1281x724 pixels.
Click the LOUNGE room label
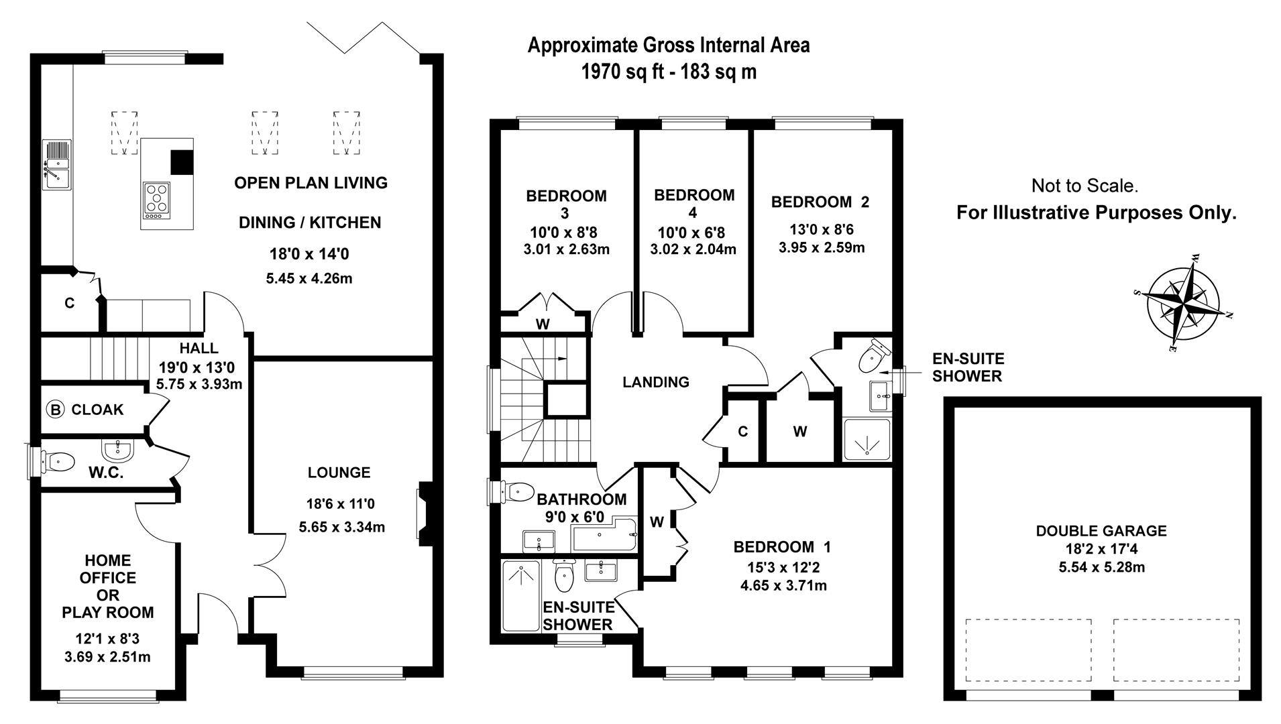coord(339,473)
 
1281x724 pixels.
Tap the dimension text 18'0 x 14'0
coord(309,254)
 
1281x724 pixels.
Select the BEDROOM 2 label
coord(820,202)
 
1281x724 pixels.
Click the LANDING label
coord(655,382)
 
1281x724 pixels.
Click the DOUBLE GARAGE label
coord(1101,531)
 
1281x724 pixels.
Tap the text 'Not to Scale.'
coord(1084,186)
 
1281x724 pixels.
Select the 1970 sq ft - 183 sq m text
coord(669,72)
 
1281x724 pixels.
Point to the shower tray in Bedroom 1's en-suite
coord(521,596)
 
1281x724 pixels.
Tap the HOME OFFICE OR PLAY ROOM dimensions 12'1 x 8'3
coord(108,639)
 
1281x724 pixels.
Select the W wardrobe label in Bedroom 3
coord(543,324)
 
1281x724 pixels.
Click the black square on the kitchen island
coord(181,162)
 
